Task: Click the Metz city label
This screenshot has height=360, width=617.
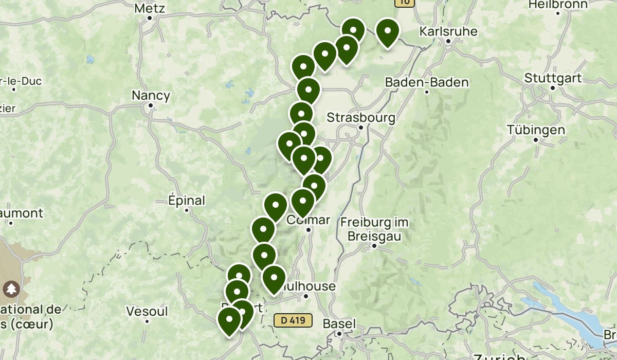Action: (149, 8)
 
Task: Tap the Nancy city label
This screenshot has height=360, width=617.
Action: (151, 95)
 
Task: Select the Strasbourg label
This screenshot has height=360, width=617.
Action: (361, 118)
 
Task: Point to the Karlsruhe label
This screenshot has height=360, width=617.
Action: (448, 31)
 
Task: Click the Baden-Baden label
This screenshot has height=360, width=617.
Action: (427, 82)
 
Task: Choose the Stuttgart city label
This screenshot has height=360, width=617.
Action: (553, 78)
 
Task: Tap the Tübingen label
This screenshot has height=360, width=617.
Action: (535, 130)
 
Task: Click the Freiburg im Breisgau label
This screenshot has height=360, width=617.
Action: (374, 229)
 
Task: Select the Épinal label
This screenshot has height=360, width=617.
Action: (187, 201)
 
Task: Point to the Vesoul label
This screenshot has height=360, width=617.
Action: (147, 311)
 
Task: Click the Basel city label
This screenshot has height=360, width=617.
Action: (339, 324)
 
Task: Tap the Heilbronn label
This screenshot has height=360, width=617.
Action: (558, 4)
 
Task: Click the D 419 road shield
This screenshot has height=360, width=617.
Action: (293, 320)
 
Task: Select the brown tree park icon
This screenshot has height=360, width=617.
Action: (11, 289)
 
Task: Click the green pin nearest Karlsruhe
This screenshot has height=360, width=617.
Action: (387, 33)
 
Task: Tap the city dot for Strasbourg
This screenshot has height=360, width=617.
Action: (361, 127)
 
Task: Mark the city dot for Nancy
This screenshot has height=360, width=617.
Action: (151, 105)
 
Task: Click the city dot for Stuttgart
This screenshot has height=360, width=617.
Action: (553, 88)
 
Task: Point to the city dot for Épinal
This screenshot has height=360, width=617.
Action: (187, 210)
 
